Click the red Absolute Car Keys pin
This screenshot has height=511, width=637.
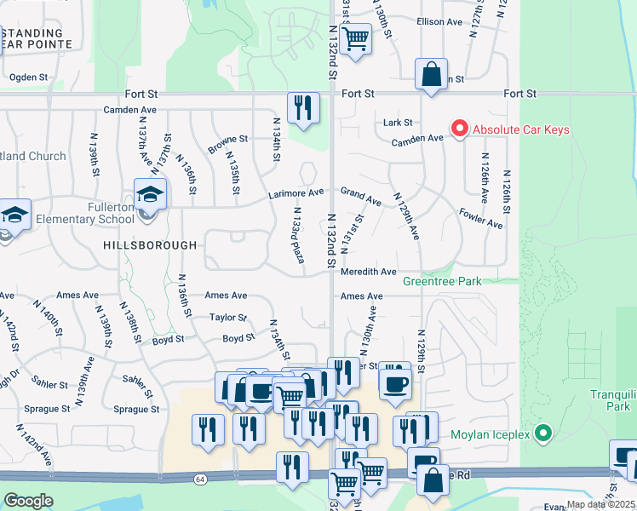460,129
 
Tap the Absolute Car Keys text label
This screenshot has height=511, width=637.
521,130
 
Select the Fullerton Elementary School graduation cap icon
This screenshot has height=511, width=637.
150,196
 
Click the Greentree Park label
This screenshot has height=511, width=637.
442,281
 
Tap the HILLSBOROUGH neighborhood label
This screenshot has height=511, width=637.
150,244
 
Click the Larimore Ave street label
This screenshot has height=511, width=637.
297,193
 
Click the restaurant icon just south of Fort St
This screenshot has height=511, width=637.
303,108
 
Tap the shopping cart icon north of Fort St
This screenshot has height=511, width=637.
354,38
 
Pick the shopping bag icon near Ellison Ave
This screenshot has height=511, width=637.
432,74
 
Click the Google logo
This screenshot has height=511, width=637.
28,501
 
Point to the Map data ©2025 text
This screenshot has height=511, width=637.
600,504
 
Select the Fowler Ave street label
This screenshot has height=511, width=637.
480,218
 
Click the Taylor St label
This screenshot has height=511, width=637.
227,318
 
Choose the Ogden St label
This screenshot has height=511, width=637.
28,77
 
